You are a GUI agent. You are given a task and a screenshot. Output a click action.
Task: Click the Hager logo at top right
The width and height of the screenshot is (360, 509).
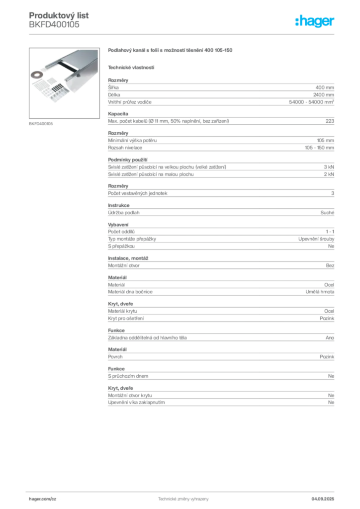(x=314, y=21)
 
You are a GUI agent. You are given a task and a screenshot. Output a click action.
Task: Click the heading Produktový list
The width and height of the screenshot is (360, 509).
(x=59, y=15)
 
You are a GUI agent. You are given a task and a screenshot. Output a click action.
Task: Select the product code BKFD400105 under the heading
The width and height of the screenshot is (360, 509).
(x=54, y=24)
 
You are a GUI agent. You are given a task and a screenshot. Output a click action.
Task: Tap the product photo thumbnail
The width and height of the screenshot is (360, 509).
(x=64, y=83)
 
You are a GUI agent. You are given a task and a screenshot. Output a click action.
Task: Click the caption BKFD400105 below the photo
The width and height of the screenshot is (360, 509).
(x=41, y=124)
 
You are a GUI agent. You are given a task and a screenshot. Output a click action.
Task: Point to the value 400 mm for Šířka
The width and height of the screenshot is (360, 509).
(x=325, y=87)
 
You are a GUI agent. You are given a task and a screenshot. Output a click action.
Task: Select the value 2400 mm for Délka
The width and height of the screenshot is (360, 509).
(x=324, y=95)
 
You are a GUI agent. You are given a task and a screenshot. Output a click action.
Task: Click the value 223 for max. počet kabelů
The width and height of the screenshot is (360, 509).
(x=330, y=121)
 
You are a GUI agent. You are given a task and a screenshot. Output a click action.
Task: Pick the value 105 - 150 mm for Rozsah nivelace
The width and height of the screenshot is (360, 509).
(x=319, y=148)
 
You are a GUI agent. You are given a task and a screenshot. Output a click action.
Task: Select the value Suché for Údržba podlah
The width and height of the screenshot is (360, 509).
(x=327, y=213)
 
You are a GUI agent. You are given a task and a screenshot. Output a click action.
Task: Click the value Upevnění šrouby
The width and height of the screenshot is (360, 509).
(x=316, y=239)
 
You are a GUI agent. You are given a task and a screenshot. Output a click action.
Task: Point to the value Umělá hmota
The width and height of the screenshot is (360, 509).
(x=320, y=292)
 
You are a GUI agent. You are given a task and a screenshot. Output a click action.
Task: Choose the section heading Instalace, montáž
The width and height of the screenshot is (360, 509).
(x=128, y=258)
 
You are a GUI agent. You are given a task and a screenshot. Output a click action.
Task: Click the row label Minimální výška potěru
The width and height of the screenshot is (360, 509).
(x=132, y=141)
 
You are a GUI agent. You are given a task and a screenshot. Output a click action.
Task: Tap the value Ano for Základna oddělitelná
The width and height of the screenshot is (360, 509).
(x=330, y=338)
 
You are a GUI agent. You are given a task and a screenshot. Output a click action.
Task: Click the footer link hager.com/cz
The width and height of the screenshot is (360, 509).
(x=43, y=499)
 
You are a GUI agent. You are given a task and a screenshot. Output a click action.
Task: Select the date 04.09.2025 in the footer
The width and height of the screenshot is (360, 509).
(x=323, y=499)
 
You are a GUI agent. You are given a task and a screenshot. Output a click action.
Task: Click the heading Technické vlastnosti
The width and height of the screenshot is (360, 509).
(x=131, y=68)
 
